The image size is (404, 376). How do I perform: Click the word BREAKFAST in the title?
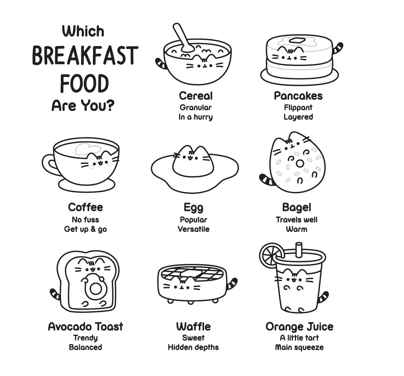coord(85,55)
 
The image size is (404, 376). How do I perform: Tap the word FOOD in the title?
coord(84,84)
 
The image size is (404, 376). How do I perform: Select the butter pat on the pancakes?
coord(297,40)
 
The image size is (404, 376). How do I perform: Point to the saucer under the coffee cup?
coord(87,186)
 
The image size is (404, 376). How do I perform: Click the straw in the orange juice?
coord(299,250)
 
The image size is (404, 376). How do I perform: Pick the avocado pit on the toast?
coord(95,289)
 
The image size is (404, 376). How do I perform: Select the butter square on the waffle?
coord(190,274)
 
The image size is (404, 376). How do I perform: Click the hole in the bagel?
coord(300,163)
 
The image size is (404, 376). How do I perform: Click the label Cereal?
coord(196,96)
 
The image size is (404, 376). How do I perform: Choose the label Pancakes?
coord(298,96)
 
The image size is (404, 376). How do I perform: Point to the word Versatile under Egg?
coord(194,229)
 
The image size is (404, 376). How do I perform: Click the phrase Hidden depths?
coord(193,347)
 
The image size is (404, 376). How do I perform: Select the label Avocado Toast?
coord(85,327)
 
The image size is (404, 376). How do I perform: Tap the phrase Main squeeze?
coord(299,347)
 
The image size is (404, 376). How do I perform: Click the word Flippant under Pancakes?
coord(298,107)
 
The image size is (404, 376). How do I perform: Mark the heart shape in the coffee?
coord(88,149)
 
